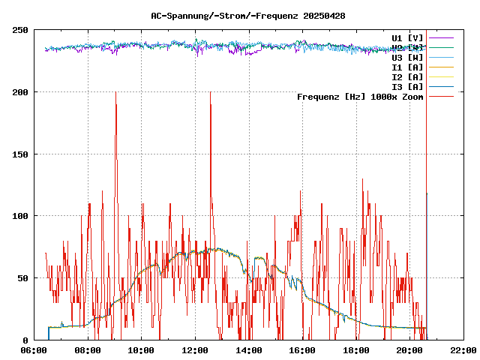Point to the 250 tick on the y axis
point(20,30)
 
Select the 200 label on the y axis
point(20,92)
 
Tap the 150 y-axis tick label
point(20,154)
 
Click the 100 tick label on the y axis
point(20,216)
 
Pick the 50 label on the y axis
point(22,278)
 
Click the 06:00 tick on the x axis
point(34,350)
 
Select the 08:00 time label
point(88,350)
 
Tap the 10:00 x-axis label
point(142,350)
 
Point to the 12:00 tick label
point(195,350)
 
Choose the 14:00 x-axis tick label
point(249,350)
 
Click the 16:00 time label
point(302,350)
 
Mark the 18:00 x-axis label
point(356,350)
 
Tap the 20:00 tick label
point(409,350)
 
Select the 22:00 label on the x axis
point(463,350)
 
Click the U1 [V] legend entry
point(407,37)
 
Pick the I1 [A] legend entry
point(407,67)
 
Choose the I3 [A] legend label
point(407,86)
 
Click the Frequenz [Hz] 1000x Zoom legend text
point(360,97)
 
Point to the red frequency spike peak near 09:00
point(115,93)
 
